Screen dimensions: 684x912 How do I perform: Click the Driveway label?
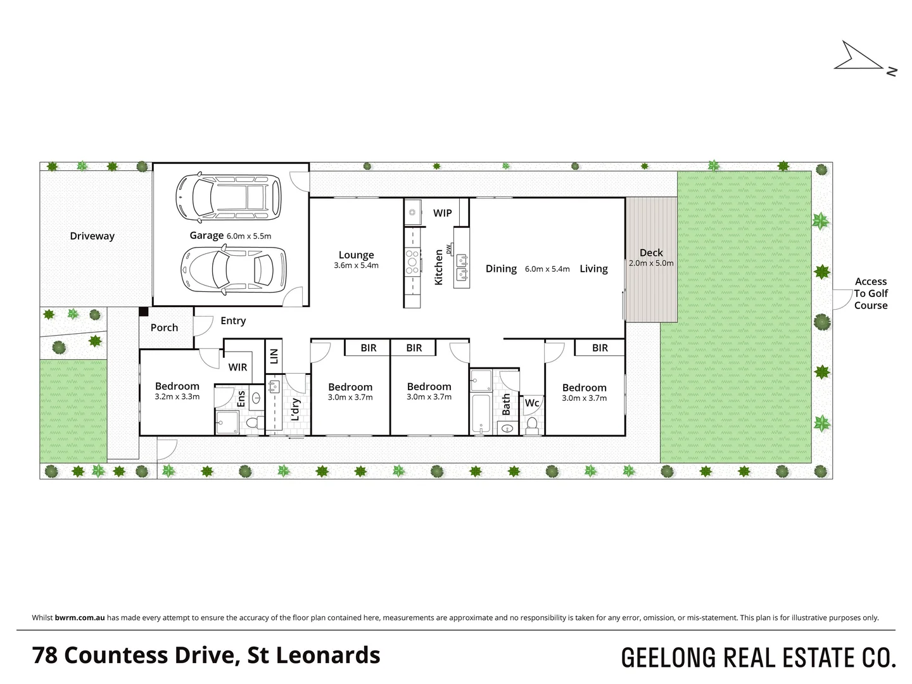pos(92,236)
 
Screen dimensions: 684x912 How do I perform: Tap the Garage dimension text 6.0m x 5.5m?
pos(248,236)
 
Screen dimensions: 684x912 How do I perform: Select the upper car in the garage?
pos(229,197)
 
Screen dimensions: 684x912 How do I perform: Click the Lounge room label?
pos(356,255)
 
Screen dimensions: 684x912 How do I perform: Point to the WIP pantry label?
pos(442,213)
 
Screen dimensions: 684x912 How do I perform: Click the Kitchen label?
pos(438,267)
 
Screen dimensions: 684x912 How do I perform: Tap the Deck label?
pos(650,253)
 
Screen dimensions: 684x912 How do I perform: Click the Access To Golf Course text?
pos(870,293)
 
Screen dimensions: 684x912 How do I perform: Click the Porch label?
pos(164,327)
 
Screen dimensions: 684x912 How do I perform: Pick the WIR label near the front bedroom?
pos(237,367)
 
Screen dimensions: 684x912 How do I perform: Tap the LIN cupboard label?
pos(274,355)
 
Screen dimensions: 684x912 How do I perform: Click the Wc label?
pos(532,403)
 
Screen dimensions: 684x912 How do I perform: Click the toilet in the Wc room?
pos(532,424)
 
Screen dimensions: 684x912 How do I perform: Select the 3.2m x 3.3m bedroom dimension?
pos(177,397)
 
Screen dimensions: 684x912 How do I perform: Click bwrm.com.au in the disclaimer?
pos(80,617)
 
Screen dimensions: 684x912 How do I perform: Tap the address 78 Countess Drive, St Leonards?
pos(206,655)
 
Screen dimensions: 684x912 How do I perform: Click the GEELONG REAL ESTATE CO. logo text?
pos(758,657)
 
